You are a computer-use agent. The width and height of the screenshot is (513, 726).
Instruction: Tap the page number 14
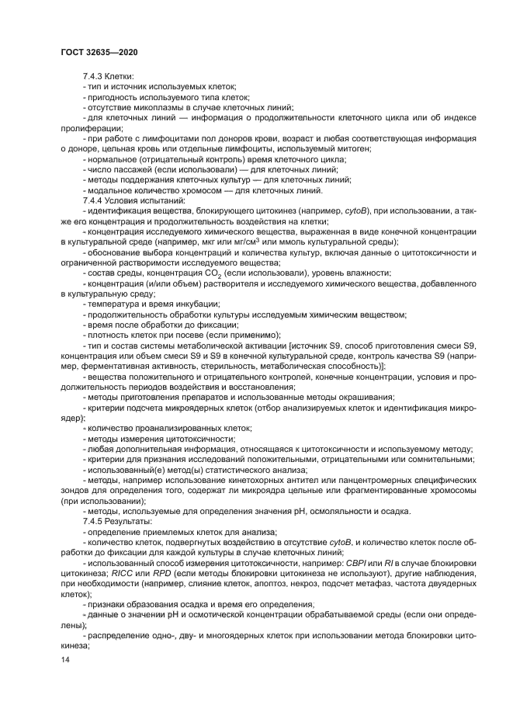point(65,660)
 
